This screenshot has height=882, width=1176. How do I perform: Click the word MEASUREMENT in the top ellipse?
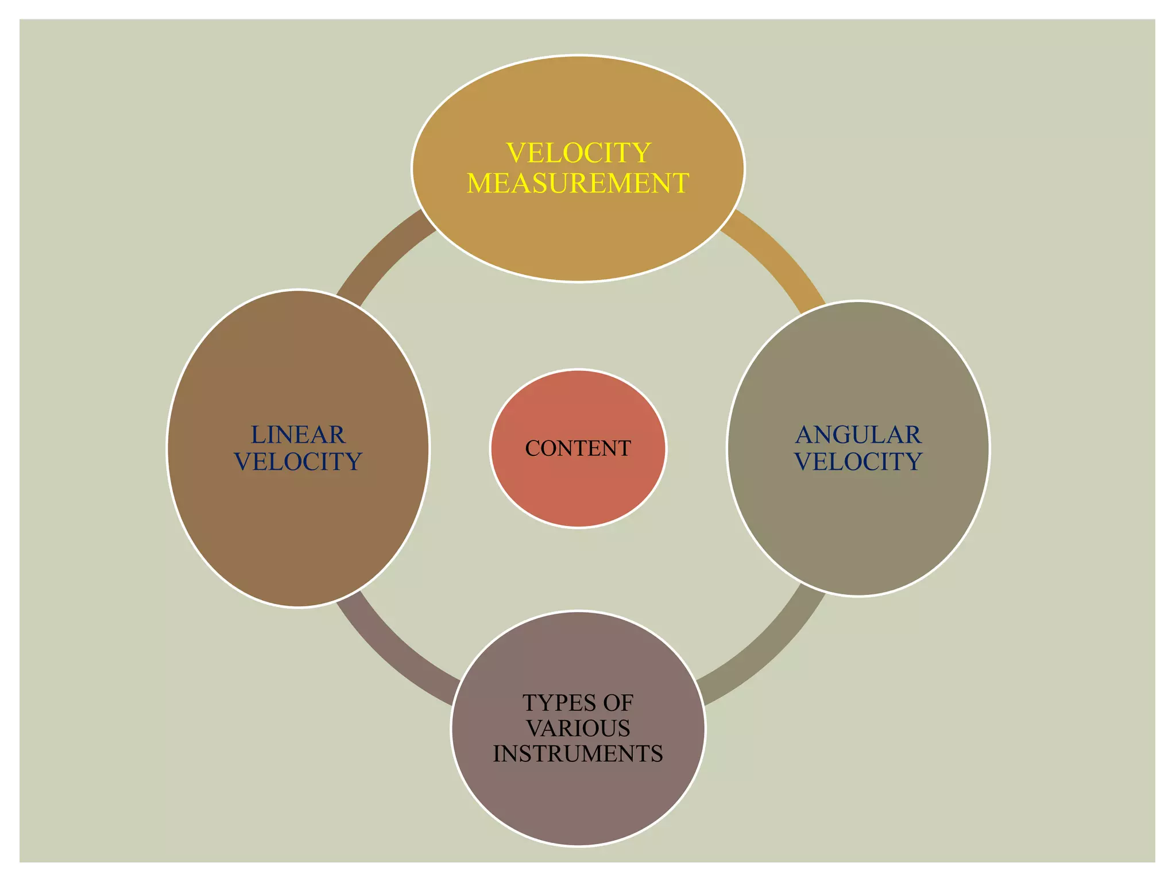tap(578, 183)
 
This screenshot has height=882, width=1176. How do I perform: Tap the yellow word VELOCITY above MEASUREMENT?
tap(578, 153)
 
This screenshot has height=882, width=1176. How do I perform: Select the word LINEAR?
tap(298, 435)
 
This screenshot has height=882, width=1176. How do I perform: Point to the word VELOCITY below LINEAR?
tap(298, 462)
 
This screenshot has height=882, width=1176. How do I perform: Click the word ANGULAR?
tap(858, 435)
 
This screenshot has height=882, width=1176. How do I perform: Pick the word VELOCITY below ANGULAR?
tap(858, 462)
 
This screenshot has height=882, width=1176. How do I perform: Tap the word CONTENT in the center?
tap(578, 448)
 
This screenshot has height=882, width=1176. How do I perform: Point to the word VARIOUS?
tap(578, 728)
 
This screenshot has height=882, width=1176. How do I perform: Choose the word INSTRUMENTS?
tap(578, 753)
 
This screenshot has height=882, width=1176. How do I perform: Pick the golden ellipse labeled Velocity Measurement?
tap(578, 235)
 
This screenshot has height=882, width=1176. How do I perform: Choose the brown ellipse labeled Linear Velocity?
tap(298, 528)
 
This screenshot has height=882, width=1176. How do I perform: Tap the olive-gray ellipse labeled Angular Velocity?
tap(858, 528)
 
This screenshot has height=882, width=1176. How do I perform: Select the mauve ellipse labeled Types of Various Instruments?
tap(578, 804)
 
